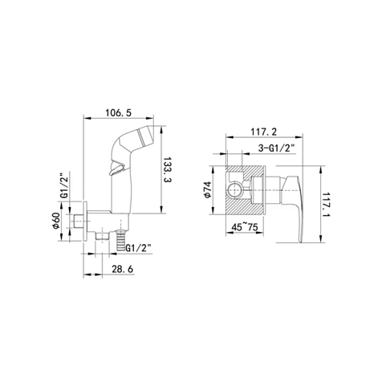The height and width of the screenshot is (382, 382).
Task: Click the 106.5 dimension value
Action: pos(118,112)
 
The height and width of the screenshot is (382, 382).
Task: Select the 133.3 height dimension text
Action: pos(168,170)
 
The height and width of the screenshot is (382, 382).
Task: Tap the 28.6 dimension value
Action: pos(123,269)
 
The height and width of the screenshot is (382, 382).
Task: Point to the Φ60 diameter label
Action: pos(56,221)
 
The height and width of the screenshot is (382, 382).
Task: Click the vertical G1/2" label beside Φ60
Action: pos(63,187)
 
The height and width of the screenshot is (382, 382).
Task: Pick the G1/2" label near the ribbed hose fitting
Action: pos(139,248)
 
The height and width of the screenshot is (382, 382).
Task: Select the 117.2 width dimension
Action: pos(264,132)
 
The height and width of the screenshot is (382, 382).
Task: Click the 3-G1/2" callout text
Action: pos(277,148)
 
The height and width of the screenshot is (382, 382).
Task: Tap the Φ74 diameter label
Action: pos(207,189)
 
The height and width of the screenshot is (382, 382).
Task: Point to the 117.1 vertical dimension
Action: pos(327,205)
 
